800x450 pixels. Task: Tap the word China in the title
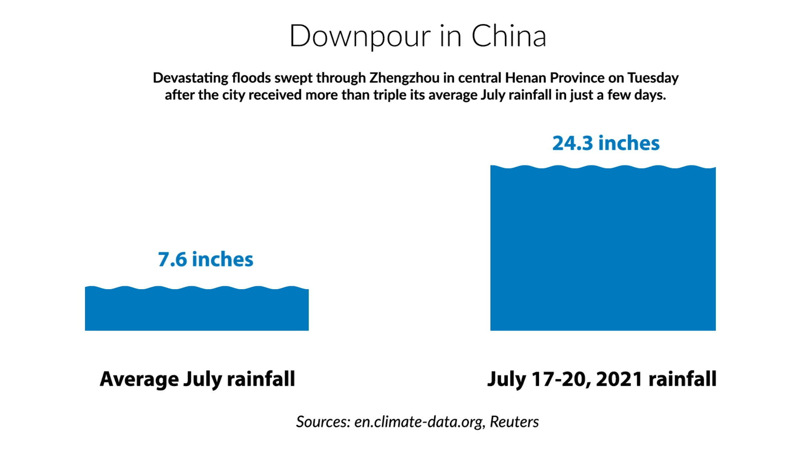click(x=508, y=36)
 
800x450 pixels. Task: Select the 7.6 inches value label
click(x=205, y=259)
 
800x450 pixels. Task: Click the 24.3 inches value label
click(x=606, y=143)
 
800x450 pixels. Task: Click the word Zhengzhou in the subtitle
click(x=404, y=78)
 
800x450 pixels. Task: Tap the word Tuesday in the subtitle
click(x=653, y=78)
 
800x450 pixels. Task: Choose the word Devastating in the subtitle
click(x=191, y=78)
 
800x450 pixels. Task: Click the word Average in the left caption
click(x=139, y=379)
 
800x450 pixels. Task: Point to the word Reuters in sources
click(x=514, y=422)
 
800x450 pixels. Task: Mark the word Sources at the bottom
click(x=323, y=422)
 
